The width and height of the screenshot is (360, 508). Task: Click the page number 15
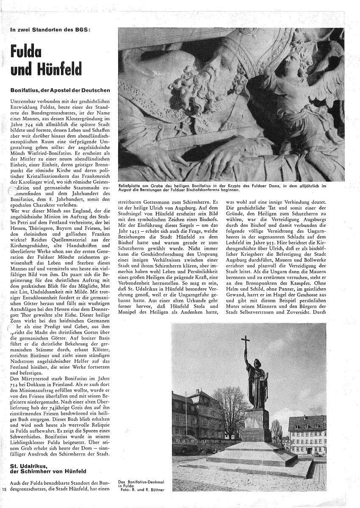pyautogui.click(x=4, y=490)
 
